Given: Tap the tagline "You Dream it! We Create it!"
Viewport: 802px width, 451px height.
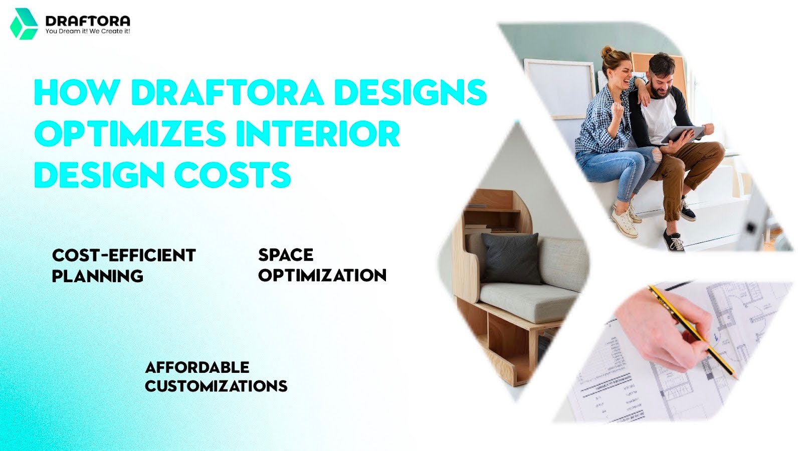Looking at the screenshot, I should coord(88,31).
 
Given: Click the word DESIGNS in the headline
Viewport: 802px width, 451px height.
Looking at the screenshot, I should coord(410,92).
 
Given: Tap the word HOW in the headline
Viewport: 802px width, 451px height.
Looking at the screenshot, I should coord(77,92).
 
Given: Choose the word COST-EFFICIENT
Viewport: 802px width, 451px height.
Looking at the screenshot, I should coord(124,256).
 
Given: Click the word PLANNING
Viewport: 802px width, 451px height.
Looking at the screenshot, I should coord(98,276).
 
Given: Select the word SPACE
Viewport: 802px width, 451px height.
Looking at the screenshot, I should coord(286,255).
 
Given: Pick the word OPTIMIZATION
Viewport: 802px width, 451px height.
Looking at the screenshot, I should coord(322,275).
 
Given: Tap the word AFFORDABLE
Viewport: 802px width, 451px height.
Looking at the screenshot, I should coord(197,367).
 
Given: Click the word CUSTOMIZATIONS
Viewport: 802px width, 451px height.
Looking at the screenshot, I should coord(216,386).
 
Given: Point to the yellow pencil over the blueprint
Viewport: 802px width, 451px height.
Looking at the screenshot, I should coord(692,331).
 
